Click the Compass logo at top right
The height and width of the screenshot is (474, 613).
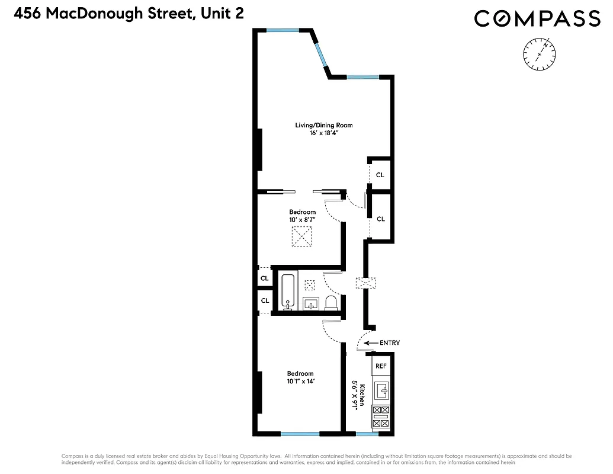point(537,19)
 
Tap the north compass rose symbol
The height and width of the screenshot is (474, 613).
point(539,55)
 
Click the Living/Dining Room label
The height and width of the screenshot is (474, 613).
point(324,125)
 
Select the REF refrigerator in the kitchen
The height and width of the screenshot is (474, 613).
point(381,366)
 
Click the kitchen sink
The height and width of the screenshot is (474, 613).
point(382,390)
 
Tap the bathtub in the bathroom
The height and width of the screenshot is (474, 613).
point(289,292)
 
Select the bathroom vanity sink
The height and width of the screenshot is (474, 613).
point(312,304)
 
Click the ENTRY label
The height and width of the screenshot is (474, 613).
point(389,343)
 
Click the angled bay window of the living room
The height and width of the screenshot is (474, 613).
point(320,53)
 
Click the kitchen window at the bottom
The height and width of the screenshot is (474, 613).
point(367,434)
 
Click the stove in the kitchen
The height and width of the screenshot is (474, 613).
point(381,417)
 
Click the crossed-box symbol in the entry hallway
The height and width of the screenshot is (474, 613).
point(362,283)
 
